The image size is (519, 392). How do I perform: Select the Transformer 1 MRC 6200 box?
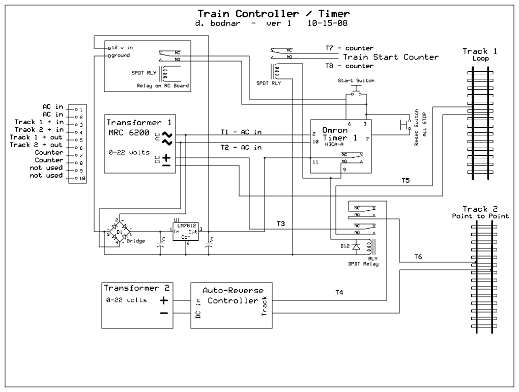tap(140, 144)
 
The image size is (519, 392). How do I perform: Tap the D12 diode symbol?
tap(357, 246)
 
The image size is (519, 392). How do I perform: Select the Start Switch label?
tap(356, 81)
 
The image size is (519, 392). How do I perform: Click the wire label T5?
tap(406, 181)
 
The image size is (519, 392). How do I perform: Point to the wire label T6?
tap(418, 257)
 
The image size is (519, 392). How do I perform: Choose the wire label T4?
tap(339, 292)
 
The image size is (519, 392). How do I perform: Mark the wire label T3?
tap(281, 223)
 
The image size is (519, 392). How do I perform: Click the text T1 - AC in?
tap(241, 132)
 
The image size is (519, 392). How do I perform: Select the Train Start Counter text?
tap(390, 57)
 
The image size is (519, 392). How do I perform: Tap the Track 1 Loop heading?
tap(480, 54)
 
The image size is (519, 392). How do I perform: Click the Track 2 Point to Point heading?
tap(480, 212)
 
